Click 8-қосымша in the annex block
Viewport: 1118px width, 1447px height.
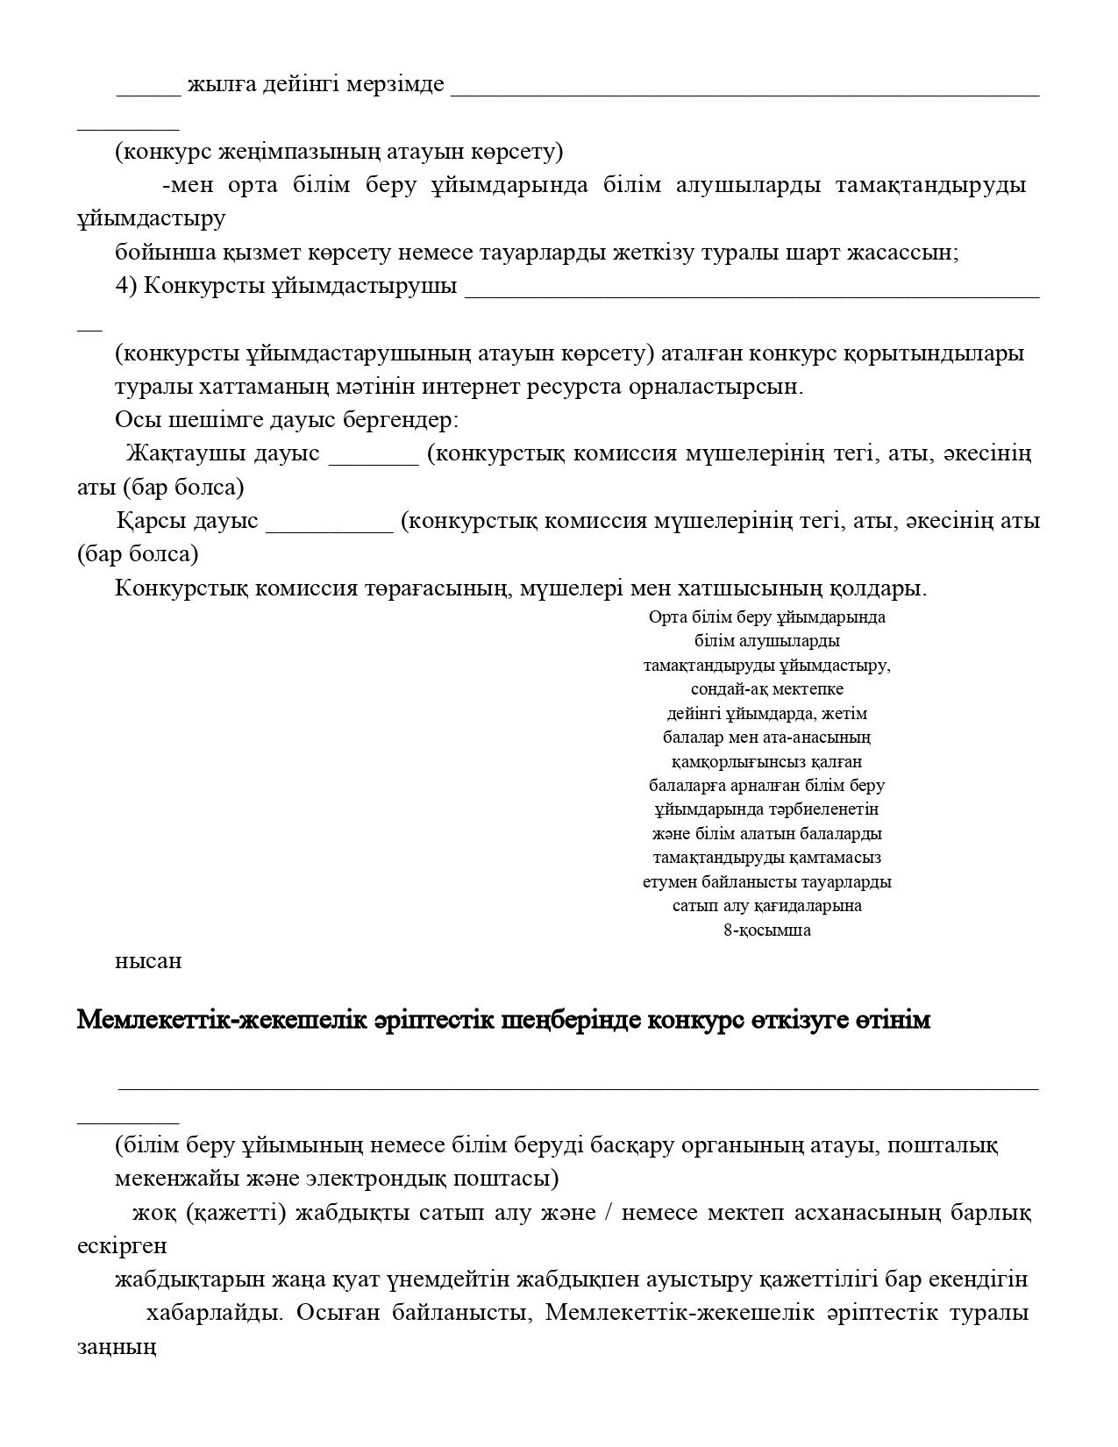click(766, 930)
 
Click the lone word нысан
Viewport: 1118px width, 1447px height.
click(148, 961)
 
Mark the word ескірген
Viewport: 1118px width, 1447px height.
click(122, 1246)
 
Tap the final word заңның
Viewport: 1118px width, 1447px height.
click(117, 1347)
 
